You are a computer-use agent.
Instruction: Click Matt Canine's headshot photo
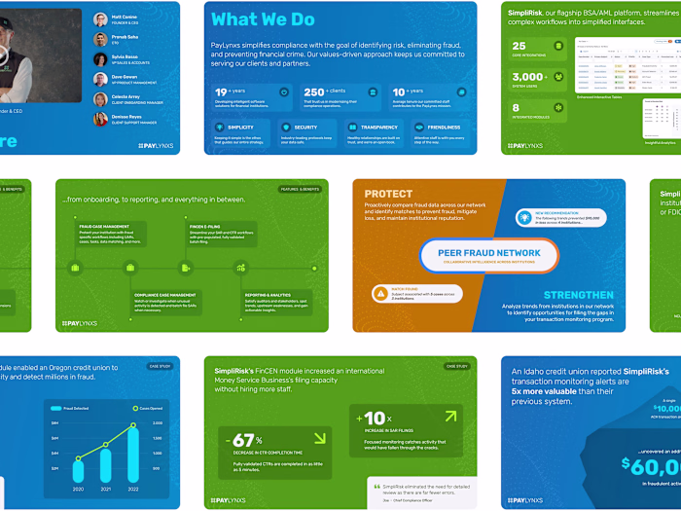pyautogui.click(x=100, y=18)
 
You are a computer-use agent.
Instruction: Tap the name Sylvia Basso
pyautogui.click(x=125, y=57)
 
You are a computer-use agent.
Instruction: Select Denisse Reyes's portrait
pyautogui.click(x=100, y=119)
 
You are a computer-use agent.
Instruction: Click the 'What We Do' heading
pyautogui.click(x=263, y=19)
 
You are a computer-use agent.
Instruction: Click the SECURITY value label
pyautogui.click(x=305, y=127)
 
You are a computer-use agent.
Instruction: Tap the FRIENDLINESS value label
pyautogui.click(x=443, y=127)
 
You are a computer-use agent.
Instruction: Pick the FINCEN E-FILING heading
pyautogui.click(x=203, y=226)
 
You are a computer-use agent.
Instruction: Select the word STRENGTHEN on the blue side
pyautogui.click(x=578, y=295)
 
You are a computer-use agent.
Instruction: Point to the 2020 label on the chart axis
pyautogui.click(x=78, y=489)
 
